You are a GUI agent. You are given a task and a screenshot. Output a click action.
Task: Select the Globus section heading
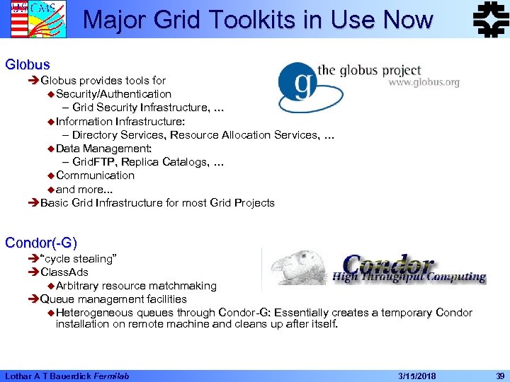pos(27,64)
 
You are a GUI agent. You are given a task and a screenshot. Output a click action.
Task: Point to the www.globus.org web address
pos(424,83)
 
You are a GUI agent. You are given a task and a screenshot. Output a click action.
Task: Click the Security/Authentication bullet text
pos(113,94)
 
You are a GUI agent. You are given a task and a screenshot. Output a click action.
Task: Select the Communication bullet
pos(95,175)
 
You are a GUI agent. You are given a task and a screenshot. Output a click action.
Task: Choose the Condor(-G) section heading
pos(40,243)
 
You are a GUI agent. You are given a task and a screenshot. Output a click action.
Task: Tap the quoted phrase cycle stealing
pos(78,259)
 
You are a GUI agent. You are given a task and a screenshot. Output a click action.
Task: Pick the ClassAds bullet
pos(64,272)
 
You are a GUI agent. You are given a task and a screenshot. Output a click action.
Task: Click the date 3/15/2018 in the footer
pos(418,374)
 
